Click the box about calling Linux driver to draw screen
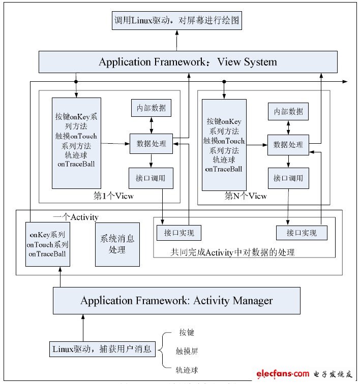click(x=177, y=21)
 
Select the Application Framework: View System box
click(x=188, y=62)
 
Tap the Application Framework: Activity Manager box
click(x=176, y=300)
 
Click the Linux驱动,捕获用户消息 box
click(x=102, y=349)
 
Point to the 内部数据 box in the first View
click(x=151, y=108)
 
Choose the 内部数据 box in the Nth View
click(x=288, y=111)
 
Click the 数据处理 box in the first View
click(x=151, y=143)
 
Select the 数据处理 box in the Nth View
click(x=288, y=145)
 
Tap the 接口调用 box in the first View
click(x=151, y=178)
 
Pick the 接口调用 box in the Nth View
click(x=288, y=178)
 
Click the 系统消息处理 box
click(x=117, y=244)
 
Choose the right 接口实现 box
click(x=301, y=233)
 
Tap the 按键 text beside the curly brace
click(x=187, y=333)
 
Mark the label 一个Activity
click(x=76, y=217)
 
